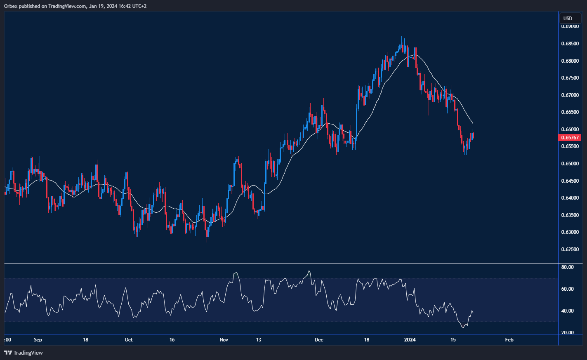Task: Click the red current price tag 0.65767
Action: [570, 138]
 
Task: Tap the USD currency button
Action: [568, 18]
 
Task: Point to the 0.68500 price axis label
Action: [570, 44]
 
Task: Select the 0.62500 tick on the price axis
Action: [570, 249]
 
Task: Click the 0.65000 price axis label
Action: [570, 164]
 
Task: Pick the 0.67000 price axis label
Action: [570, 95]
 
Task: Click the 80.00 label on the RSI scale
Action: [567, 267]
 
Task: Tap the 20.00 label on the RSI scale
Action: [567, 333]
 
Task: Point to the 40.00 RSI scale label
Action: [567, 311]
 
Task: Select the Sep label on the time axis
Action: [38, 340]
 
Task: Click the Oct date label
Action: [129, 340]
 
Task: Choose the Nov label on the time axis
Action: [224, 340]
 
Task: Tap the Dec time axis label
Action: [319, 340]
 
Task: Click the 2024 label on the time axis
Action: [410, 340]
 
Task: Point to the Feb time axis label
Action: [509, 340]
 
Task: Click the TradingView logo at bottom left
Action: [24, 353]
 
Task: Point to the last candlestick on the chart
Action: [473, 135]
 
